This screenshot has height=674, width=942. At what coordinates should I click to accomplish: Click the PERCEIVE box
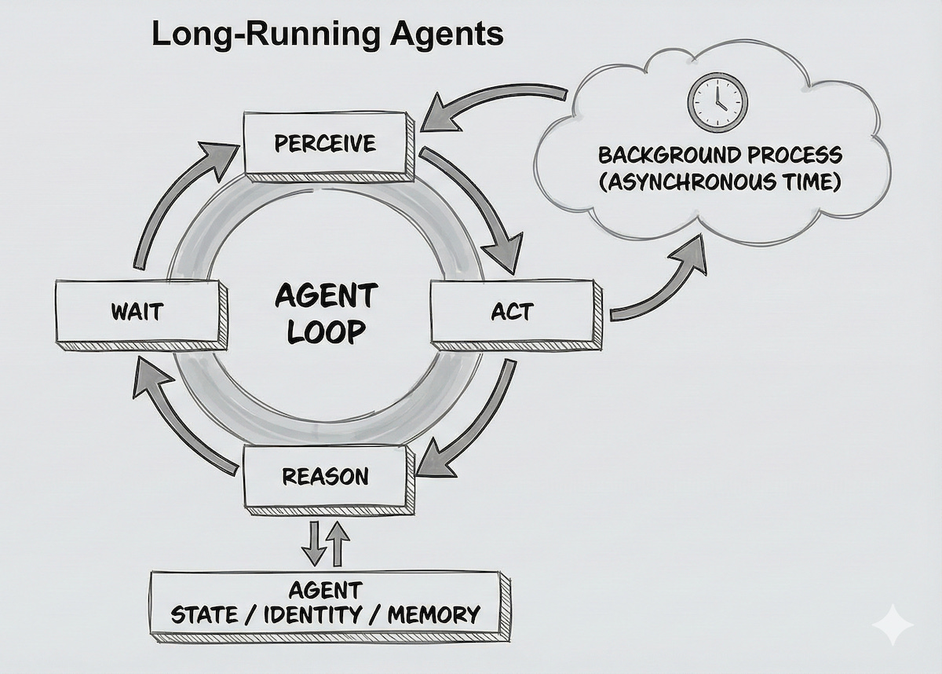[x=325, y=143]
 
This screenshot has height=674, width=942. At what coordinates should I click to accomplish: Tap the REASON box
[x=325, y=476]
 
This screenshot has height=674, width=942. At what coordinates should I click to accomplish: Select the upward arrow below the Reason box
[x=338, y=542]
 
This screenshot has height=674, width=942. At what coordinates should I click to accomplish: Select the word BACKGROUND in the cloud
[x=662, y=155]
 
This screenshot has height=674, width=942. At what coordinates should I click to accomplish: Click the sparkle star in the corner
[x=893, y=625]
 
